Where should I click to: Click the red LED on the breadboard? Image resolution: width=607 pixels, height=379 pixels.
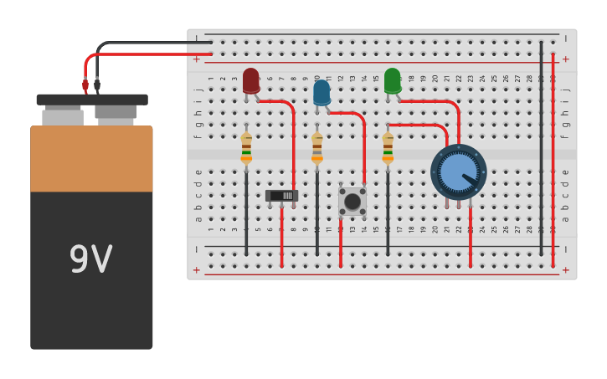click(x=251, y=80)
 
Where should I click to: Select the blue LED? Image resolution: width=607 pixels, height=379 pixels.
click(x=322, y=92)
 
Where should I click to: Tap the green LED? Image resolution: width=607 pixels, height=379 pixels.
click(x=392, y=80)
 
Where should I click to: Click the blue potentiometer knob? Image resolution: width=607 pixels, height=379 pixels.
click(x=458, y=172)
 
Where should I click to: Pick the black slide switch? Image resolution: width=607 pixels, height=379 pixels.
click(x=281, y=196)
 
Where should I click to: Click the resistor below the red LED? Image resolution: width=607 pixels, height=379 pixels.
click(x=246, y=148)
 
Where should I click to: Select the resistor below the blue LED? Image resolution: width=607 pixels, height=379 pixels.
click(x=317, y=148)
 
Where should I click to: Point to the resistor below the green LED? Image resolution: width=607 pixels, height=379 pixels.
click(x=388, y=148)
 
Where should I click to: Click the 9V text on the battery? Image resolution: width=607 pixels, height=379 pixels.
click(x=90, y=259)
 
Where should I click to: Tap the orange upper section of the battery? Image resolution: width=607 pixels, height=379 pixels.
click(x=91, y=159)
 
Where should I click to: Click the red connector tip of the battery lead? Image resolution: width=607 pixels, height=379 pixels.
click(x=85, y=85)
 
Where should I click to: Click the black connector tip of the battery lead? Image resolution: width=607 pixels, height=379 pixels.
click(x=97, y=85)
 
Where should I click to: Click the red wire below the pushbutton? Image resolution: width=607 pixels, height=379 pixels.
click(x=341, y=243)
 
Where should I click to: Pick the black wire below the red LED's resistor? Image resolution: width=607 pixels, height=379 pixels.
click(x=246, y=213)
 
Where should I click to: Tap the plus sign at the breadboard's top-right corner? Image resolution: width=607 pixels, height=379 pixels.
click(x=565, y=59)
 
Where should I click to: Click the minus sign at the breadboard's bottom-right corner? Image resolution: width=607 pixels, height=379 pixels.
click(x=565, y=249)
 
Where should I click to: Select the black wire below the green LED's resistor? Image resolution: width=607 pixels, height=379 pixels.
click(x=388, y=213)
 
